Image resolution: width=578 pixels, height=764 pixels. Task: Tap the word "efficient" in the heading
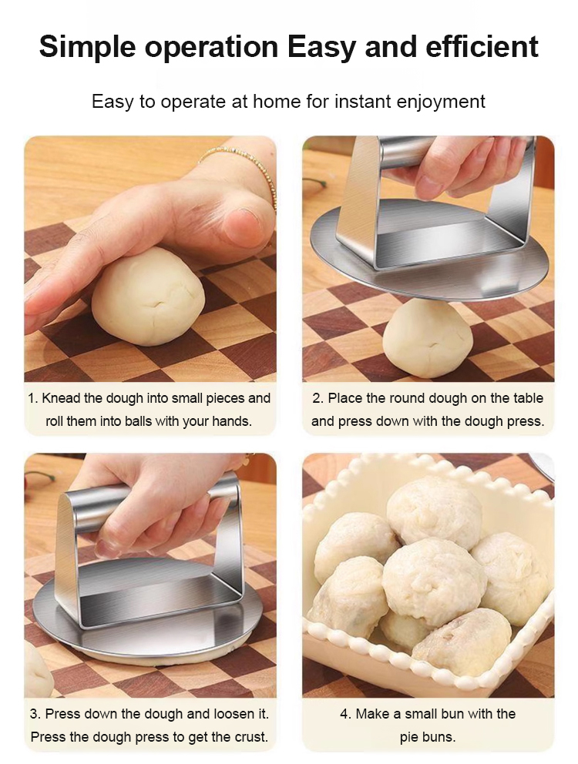[x=482, y=47]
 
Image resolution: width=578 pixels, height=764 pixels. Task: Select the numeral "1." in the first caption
[x=32, y=398]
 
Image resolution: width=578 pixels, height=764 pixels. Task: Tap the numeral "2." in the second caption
[x=318, y=398]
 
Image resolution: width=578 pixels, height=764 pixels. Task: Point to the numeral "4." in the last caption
[x=346, y=714]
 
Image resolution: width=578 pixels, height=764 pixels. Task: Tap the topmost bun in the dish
[x=434, y=511]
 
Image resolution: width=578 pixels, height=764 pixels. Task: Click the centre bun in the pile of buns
[x=433, y=582]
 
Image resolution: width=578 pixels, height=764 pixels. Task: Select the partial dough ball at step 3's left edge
[x=39, y=670]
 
